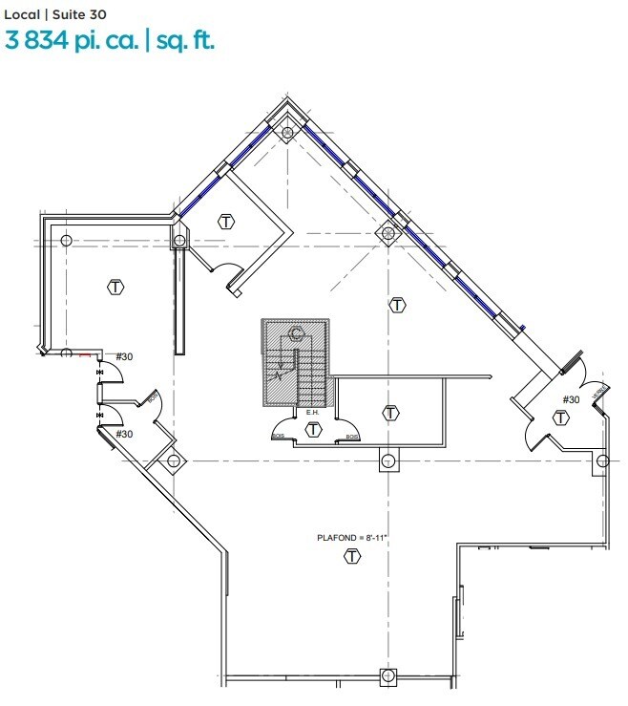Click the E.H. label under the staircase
312,413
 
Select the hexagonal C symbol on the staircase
297,333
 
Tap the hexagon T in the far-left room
116,287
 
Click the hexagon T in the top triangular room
226,223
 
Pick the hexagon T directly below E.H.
312,430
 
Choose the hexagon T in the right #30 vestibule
561,417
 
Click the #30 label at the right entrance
571,399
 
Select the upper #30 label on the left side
124,357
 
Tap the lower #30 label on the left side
124,434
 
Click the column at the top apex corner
287,133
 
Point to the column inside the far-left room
67,239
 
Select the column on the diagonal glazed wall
387,231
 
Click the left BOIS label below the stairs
279,437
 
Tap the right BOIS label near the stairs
352,437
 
